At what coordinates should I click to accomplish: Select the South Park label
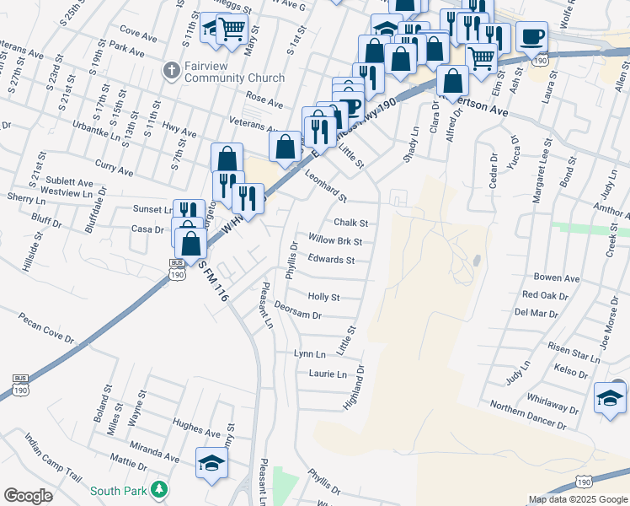click(x=119, y=491)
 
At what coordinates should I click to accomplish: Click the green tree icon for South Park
click(x=158, y=490)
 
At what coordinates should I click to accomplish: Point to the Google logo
click(x=29, y=496)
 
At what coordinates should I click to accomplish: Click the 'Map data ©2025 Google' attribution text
click(x=577, y=499)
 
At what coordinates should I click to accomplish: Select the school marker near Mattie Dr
click(x=211, y=462)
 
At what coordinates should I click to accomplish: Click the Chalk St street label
click(x=351, y=223)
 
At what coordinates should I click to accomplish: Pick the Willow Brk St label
click(x=335, y=241)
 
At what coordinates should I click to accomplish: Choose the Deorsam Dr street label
click(x=298, y=311)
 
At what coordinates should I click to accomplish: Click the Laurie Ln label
click(x=328, y=374)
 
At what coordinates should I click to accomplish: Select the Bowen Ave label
click(x=557, y=277)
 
